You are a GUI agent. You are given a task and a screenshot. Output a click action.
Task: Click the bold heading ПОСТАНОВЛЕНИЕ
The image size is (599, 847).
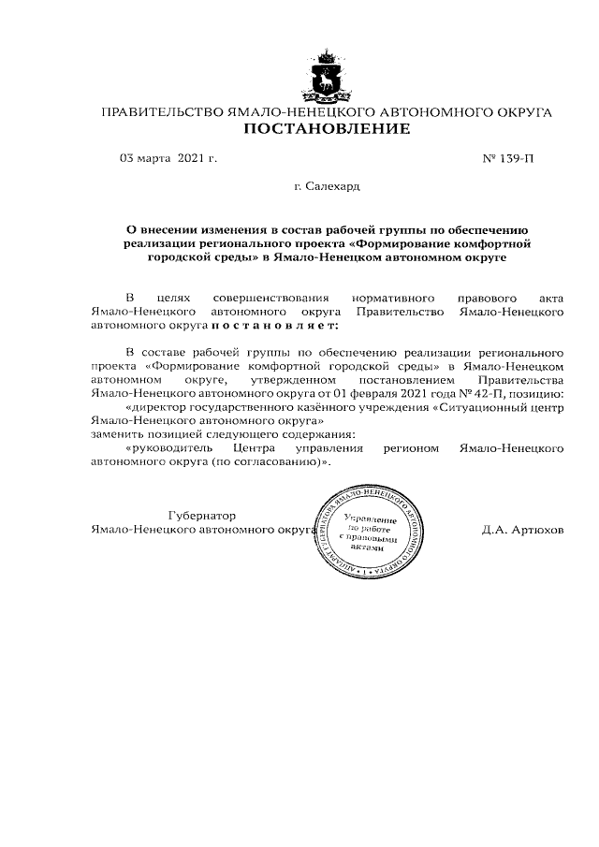[327, 128]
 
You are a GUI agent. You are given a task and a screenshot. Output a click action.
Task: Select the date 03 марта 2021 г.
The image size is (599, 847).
[168, 158]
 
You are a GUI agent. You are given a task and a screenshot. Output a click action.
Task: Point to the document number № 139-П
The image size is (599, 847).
[508, 158]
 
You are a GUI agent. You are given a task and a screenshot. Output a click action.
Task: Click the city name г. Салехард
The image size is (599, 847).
[327, 187]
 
